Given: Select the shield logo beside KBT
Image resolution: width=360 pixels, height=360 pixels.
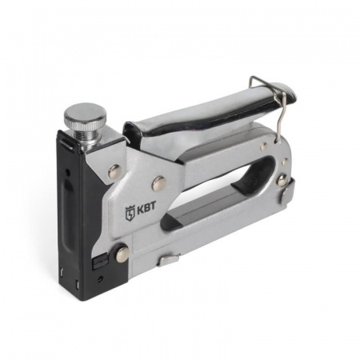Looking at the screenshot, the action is (130, 213).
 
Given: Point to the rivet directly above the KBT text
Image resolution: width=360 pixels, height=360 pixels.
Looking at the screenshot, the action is (159, 183).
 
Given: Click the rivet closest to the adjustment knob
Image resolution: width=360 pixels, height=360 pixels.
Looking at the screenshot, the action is (114, 171).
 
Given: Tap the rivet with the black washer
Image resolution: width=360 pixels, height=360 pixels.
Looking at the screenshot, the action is (122, 253).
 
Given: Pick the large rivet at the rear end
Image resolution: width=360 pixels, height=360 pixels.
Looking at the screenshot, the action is (282, 180).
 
